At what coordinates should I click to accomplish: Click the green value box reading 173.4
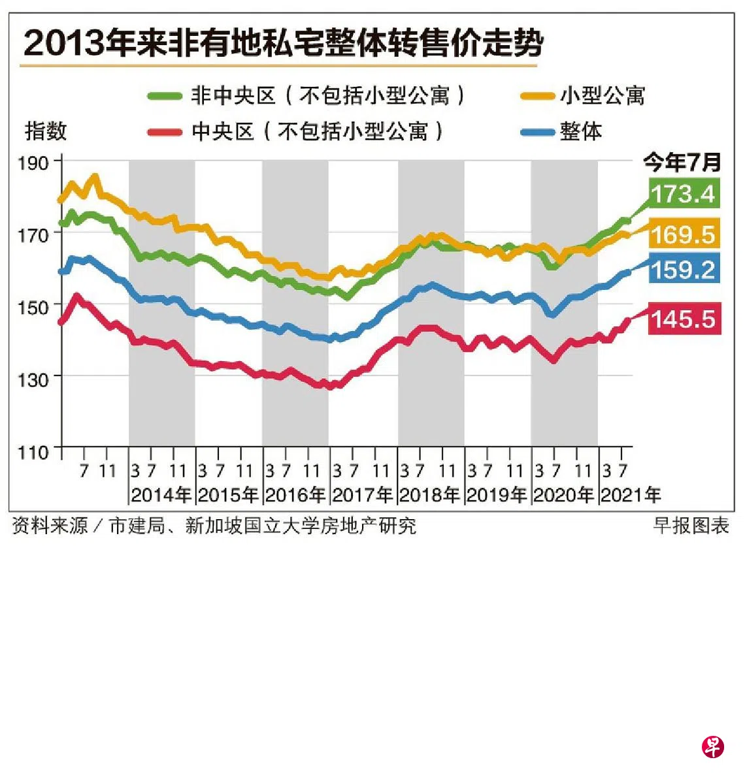coord(684,193)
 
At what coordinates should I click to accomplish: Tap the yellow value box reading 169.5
coord(684,234)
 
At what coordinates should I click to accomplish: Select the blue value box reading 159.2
coord(684,269)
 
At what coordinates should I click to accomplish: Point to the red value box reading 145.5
coord(684,319)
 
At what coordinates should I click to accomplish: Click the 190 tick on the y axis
coord(33,163)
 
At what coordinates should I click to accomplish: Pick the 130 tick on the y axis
coord(33,379)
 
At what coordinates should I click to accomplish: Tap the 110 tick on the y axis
coord(33,452)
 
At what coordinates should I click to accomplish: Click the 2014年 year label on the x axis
coord(161,495)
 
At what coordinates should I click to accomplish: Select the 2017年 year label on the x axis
coord(363,495)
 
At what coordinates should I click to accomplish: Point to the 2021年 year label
coord(631,495)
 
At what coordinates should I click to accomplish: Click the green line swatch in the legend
coord(165,96)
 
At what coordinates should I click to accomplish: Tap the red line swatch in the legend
coord(165,132)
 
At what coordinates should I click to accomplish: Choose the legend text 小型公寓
coord(603,96)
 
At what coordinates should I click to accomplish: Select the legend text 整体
coord(581,131)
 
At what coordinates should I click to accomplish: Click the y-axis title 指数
coord(46,131)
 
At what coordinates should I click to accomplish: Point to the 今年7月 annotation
coord(682,161)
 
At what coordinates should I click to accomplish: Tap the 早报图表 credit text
coord(691,526)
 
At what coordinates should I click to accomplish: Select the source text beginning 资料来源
coord(214,526)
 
